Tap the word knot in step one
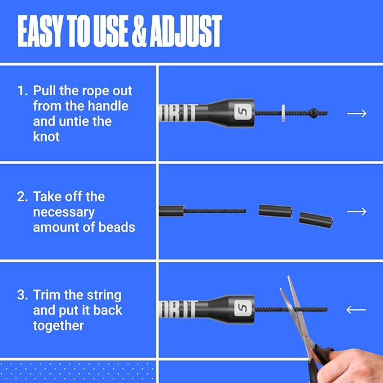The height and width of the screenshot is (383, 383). [x=46, y=137]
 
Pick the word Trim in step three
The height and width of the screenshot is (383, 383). [x=47, y=295]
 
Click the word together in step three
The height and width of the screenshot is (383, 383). [x=59, y=325]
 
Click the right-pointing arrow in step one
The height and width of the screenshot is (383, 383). [x=356, y=113]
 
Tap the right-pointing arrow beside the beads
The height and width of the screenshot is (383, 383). [x=356, y=212]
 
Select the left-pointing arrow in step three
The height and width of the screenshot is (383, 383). [x=356, y=310]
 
